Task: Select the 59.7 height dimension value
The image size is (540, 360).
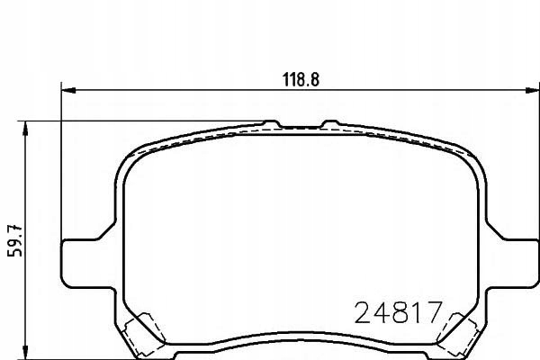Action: [x=12, y=238]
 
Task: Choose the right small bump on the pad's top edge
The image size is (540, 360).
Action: [x=328, y=122]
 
